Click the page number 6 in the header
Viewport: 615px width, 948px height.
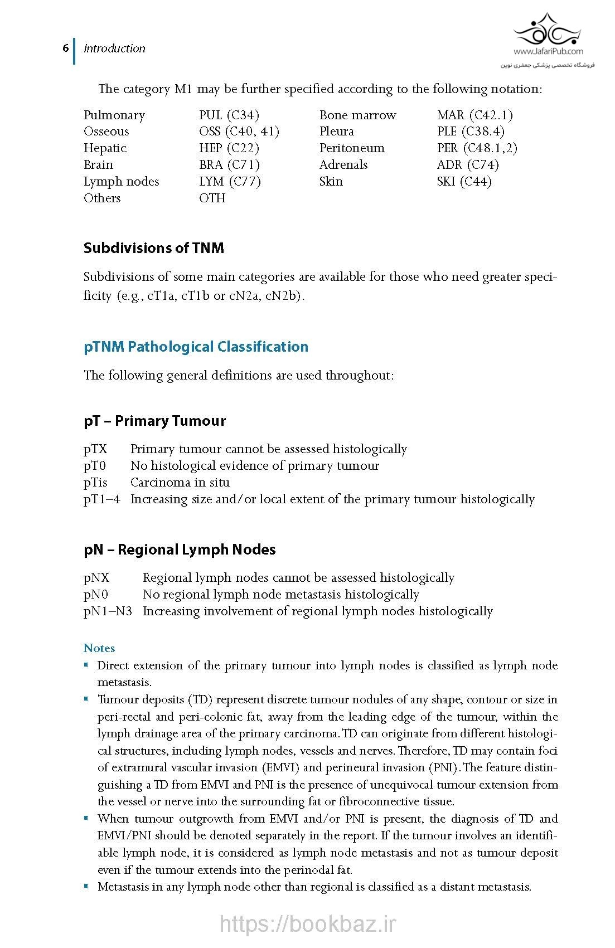(65, 48)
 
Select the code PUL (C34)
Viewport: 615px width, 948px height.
(229, 115)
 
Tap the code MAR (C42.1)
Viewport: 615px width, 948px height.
(474, 115)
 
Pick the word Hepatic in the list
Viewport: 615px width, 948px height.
(105, 148)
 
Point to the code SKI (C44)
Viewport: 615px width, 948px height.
(464, 182)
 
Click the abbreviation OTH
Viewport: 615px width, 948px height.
(212, 198)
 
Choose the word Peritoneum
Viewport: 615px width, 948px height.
(351, 148)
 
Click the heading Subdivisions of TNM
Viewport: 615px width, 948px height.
(153, 248)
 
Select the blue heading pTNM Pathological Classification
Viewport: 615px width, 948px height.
(196, 347)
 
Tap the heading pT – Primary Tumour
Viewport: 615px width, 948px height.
(154, 421)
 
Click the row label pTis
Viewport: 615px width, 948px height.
(95, 483)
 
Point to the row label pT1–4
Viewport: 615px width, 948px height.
(101, 499)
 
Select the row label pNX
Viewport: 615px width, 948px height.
(96, 578)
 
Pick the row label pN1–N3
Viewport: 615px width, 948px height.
(108, 611)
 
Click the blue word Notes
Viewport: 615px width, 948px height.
(99, 648)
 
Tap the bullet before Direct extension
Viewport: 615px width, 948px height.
(86, 665)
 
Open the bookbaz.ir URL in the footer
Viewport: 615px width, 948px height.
(307, 923)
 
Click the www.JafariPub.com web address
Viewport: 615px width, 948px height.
(548, 51)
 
